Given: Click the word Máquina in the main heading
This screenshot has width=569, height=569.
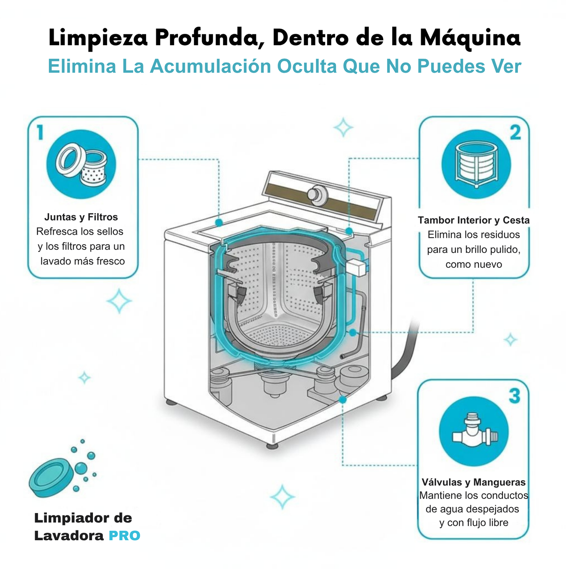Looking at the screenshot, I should tap(470, 38).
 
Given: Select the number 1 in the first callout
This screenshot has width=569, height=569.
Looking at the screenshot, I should tap(40, 132).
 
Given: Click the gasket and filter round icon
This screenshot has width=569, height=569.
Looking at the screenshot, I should tap(81, 164).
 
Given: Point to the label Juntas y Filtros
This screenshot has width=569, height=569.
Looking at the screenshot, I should tap(81, 217).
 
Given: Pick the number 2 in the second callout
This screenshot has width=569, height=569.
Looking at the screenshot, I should tap(515, 133).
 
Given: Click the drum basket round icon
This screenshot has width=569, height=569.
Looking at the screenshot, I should tap(476, 165).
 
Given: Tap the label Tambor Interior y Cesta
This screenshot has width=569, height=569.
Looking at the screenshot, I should tap(474, 220).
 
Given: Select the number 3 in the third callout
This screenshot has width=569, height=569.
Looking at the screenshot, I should tap(514, 396).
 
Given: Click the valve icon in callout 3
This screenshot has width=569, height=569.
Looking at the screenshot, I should tap(474, 432).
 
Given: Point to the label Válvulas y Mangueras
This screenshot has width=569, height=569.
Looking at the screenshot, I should tap(474, 482).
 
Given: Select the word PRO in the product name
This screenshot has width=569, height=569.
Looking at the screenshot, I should tap(124, 536).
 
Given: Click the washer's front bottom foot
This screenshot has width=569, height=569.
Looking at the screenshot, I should tap(272, 446).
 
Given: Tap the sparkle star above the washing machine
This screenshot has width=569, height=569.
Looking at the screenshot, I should tap(343, 127).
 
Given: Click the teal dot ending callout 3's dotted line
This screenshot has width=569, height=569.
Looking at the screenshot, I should tap(343, 400).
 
